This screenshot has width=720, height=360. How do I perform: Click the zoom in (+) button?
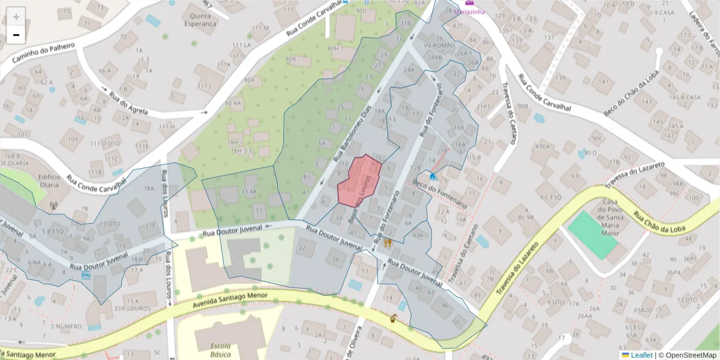(16, 17)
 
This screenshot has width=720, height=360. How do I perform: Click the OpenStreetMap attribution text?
(688, 355)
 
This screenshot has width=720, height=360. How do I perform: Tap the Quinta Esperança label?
(203, 20)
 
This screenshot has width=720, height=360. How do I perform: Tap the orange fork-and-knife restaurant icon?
(388, 243)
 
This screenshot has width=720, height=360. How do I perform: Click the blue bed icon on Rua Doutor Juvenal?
(87, 275)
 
